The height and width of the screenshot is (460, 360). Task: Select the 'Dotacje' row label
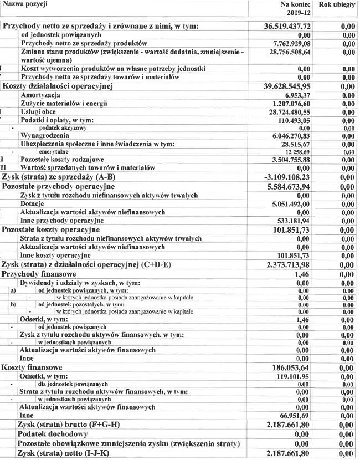32,203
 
